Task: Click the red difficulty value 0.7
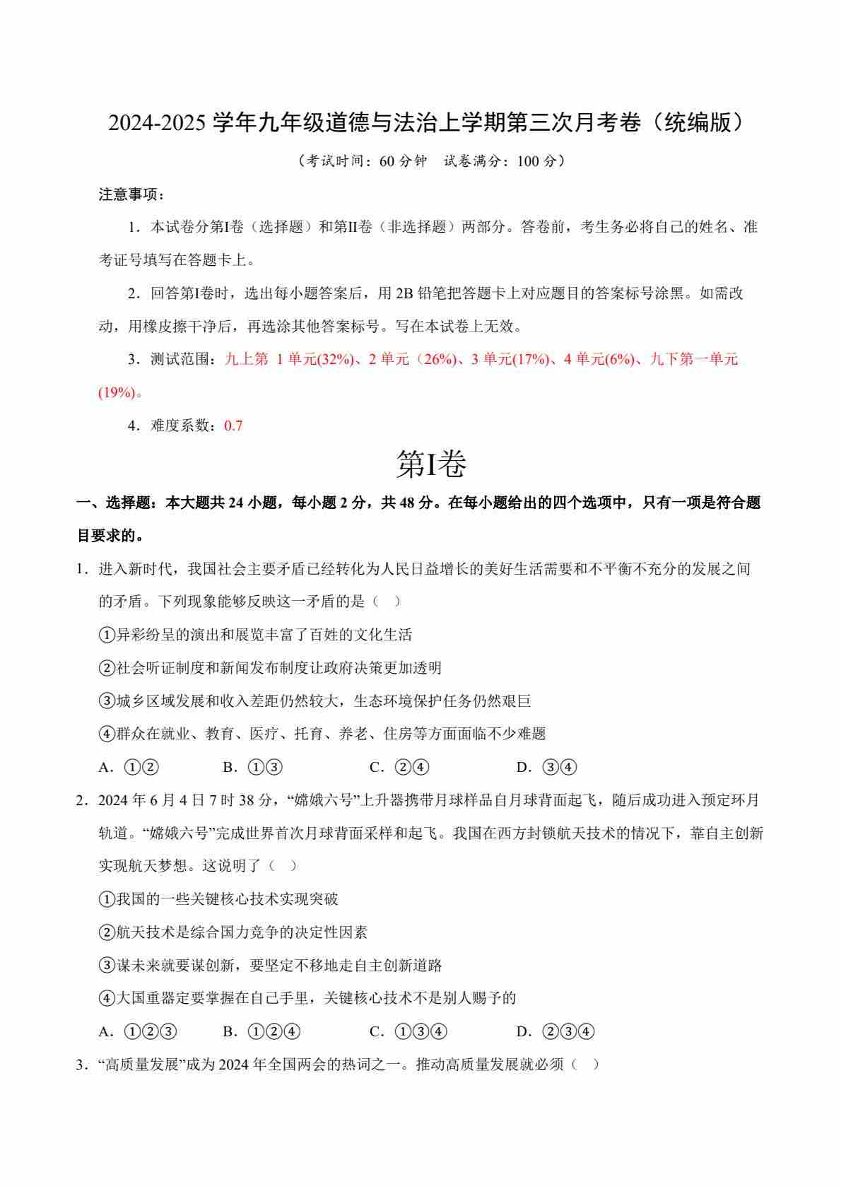233,426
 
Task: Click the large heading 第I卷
431,464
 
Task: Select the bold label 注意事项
130,194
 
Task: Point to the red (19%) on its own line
116,392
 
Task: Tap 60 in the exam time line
387,161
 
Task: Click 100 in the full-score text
528,161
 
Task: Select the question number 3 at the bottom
80,1065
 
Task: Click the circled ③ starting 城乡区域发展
107,701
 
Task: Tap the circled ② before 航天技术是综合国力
107,932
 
